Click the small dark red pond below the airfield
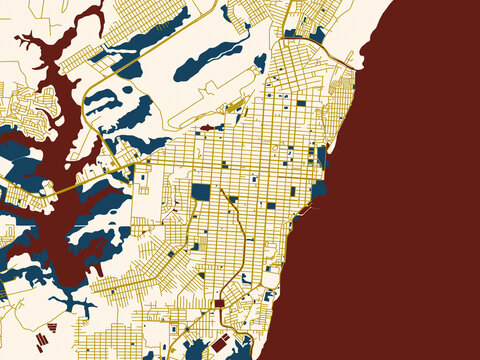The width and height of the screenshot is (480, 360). point(207,128)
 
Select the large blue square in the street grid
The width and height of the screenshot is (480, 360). point(201,191)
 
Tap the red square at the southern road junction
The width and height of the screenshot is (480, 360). point(219,303)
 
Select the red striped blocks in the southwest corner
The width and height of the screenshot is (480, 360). point(42,341)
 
